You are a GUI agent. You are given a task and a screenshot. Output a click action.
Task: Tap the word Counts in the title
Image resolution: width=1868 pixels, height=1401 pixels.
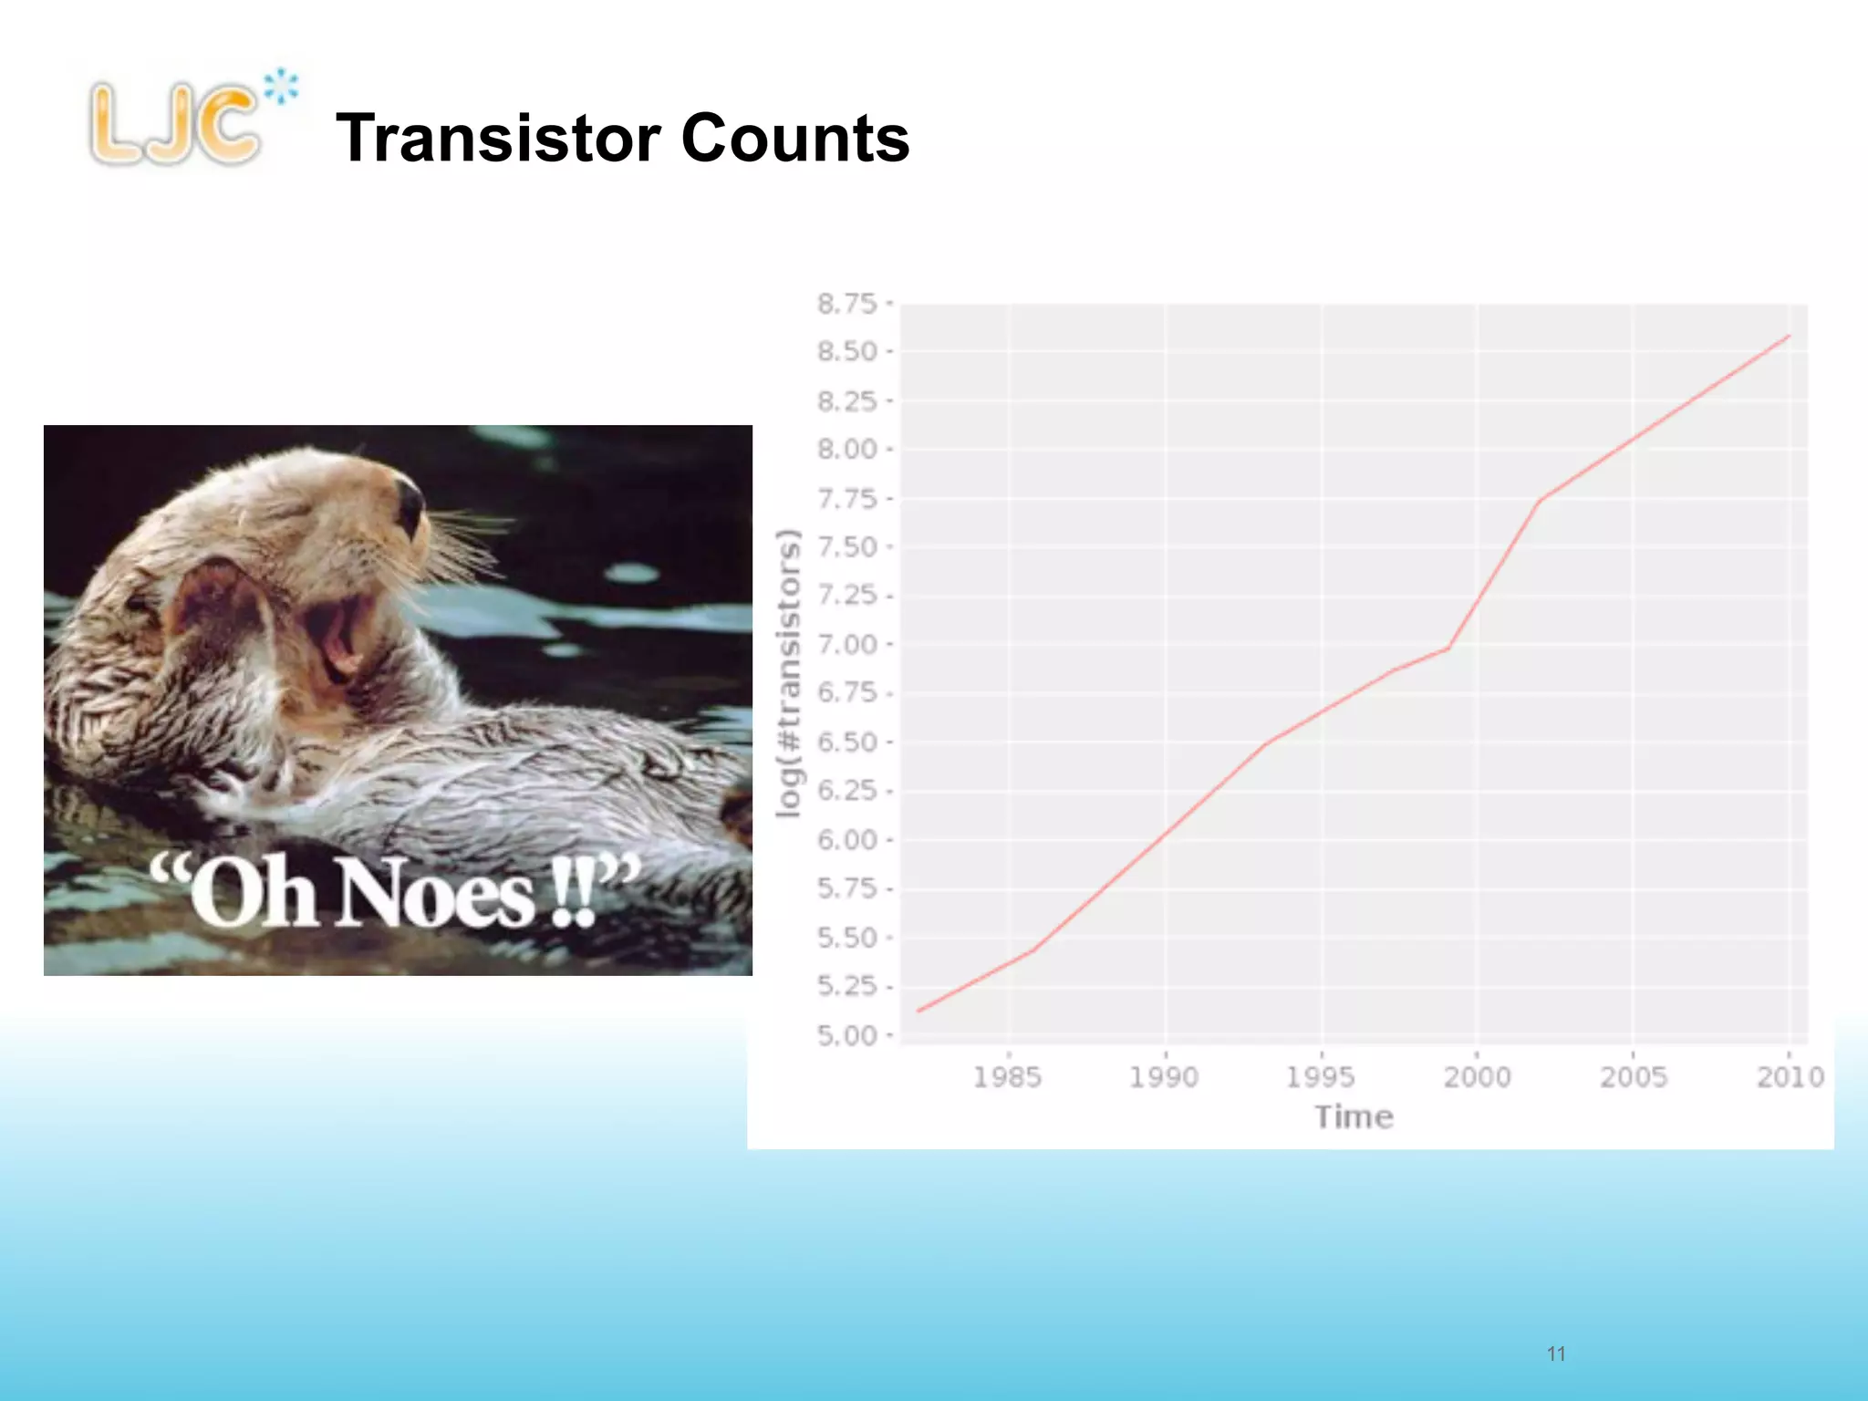pos(795,139)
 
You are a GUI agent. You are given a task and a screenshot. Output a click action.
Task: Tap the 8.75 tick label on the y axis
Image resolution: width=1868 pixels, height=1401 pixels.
pos(846,304)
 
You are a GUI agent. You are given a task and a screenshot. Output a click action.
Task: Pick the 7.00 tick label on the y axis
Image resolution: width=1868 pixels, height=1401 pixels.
pos(846,645)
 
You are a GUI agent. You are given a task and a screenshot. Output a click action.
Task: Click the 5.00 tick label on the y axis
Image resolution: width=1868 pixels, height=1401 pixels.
pos(846,1036)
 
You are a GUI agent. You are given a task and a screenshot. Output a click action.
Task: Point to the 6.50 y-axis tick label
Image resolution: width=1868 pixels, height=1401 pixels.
pos(846,742)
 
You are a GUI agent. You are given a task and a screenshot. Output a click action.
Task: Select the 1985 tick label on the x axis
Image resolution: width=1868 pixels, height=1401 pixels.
pos(1007,1077)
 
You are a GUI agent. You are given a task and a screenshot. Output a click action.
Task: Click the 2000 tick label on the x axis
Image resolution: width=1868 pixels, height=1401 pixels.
pos(1477,1077)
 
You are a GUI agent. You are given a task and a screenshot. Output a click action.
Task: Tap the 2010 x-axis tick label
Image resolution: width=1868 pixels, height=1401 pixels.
pos(1790,1077)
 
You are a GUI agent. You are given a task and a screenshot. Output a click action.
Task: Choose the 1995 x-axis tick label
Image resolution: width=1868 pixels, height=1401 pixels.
pos(1320,1077)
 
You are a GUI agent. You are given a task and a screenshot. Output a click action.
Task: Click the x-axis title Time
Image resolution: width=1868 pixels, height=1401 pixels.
pos(1354,1117)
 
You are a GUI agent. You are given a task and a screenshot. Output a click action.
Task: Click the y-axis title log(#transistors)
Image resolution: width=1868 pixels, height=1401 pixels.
pos(788,673)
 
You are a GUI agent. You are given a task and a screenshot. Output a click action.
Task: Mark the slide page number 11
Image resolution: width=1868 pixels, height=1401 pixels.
pos(1556,1354)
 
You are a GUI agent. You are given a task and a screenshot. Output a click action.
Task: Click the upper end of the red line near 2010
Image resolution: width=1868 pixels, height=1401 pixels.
pos(1789,337)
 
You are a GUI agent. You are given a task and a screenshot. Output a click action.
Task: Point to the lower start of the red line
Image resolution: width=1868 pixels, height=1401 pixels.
pos(918,1011)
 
